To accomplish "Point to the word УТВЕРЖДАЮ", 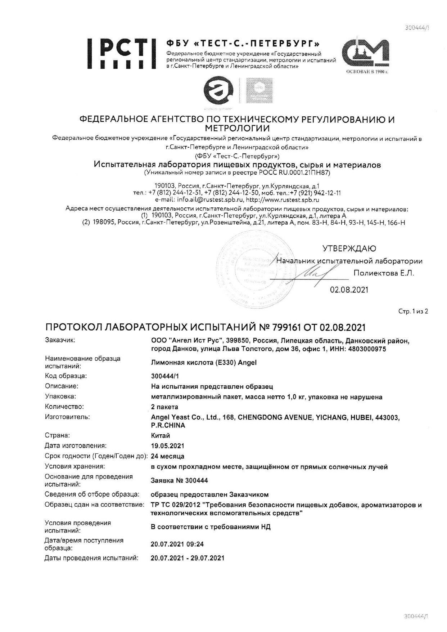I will pyautogui.click(x=349, y=249).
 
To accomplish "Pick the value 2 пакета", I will pyautogui.click(x=164, y=407).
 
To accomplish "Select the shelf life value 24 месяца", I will pyautogui.click(x=168, y=456).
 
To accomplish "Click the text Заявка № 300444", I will pyautogui.click(x=180, y=481).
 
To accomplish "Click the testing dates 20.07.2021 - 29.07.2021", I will pyautogui.click(x=188, y=558).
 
